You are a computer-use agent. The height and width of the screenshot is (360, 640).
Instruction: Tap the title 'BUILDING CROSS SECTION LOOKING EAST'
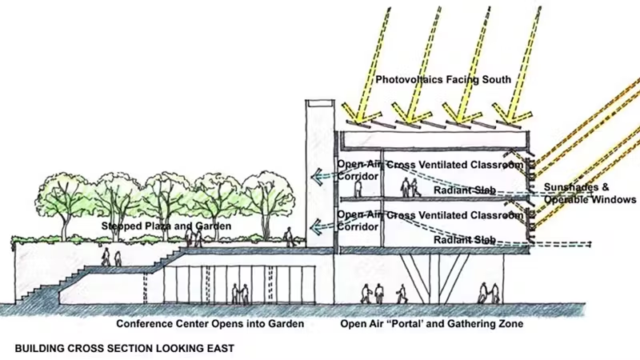[x=125, y=349]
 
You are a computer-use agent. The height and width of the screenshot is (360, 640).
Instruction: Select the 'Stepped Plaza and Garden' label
[x=166, y=227]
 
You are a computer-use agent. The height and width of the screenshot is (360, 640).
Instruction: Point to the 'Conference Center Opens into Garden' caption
[x=210, y=324]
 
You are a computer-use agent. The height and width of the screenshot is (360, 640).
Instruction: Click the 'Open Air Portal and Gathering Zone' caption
[x=431, y=324]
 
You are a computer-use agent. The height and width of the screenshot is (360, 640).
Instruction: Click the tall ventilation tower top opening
[x=318, y=104]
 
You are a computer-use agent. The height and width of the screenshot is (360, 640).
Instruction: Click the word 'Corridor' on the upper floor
[x=358, y=177]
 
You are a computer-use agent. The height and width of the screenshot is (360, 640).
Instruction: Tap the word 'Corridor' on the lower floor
[x=358, y=226]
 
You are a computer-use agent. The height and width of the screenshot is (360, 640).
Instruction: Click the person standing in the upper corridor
[x=358, y=189]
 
